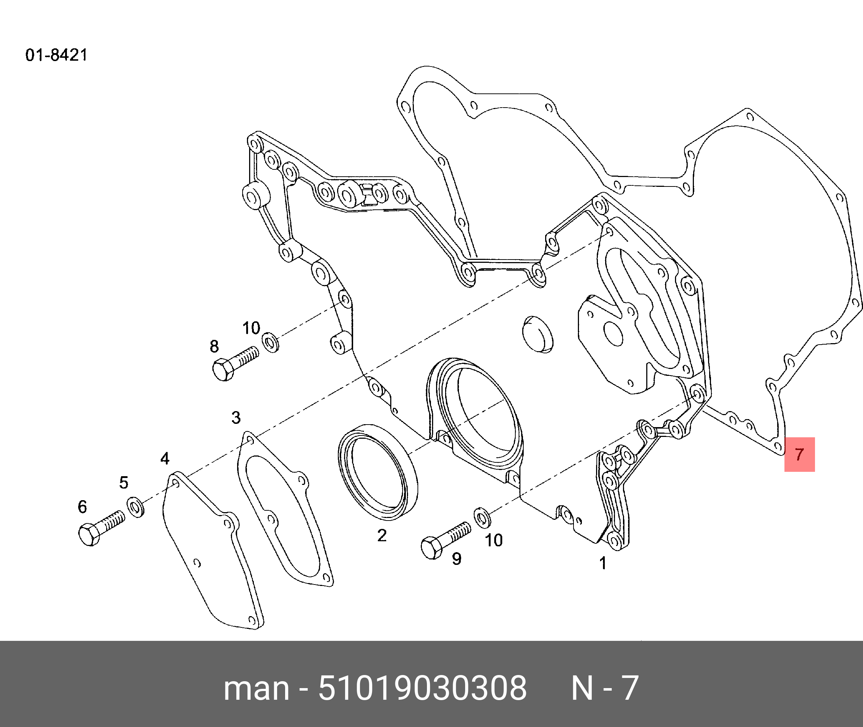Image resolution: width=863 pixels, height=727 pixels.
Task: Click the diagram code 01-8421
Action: click(56, 55)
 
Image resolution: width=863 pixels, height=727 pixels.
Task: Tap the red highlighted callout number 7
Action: click(799, 454)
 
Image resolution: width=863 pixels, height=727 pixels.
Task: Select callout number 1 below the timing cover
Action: click(603, 563)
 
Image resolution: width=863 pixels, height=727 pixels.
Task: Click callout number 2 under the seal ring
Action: click(382, 535)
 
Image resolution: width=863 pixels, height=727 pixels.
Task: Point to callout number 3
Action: click(236, 418)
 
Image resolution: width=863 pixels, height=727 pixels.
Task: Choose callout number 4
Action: click(165, 458)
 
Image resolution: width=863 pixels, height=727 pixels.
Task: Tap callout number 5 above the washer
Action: click(124, 482)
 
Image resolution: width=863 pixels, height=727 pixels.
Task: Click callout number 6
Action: click(83, 506)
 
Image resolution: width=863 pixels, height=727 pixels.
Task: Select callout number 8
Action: click(214, 346)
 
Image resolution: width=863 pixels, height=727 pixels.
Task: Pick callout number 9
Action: click(456, 559)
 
